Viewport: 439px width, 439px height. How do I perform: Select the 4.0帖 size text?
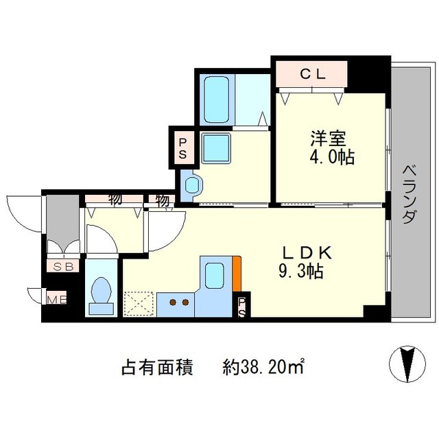331,158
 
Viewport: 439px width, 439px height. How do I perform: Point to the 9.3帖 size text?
300,272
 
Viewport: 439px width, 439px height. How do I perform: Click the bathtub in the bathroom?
218,100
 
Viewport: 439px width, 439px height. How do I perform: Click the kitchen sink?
215,276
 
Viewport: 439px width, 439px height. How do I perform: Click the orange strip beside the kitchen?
236,272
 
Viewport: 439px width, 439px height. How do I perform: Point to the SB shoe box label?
62,266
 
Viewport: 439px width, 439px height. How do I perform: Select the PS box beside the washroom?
183,147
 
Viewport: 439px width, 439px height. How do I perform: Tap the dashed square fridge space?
139,302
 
